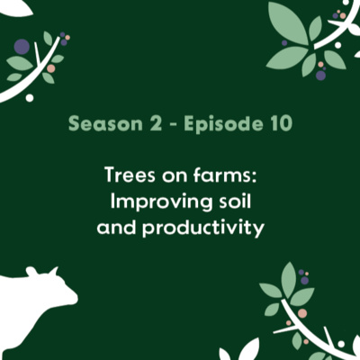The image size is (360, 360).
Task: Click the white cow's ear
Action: [x=31, y=270]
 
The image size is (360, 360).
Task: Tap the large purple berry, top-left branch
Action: [x=22, y=47]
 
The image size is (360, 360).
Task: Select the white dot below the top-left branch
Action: [x=29, y=97]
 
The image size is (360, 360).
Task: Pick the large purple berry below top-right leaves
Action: [x=320, y=76]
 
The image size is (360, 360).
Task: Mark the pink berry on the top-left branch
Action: [x=51, y=68]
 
